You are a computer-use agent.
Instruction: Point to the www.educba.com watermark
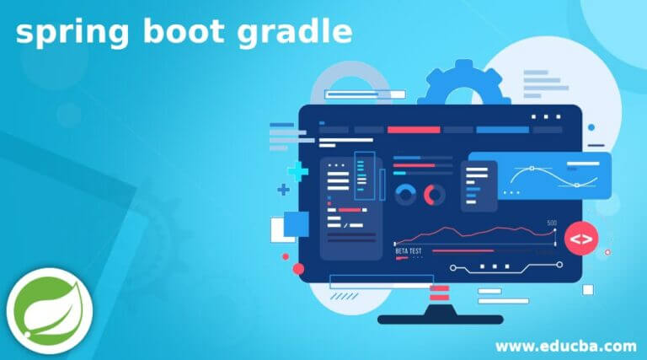[x=565, y=346]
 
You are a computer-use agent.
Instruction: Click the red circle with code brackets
[x=580, y=239]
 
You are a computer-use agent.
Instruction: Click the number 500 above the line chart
[x=552, y=223]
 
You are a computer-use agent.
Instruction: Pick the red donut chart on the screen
[x=435, y=196]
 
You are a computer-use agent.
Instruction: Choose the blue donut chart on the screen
[x=405, y=196]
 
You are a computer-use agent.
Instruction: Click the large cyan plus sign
[x=297, y=172]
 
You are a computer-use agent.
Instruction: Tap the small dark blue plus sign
[x=283, y=191]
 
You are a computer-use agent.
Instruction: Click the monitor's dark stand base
[x=440, y=319]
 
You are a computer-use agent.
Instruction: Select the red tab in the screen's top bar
[x=413, y=130]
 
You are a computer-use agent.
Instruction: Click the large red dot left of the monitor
[x=298, y=269]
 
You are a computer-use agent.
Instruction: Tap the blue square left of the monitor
[x=297, y=223]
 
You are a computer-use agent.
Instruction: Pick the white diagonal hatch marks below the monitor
[x=343, y=296]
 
